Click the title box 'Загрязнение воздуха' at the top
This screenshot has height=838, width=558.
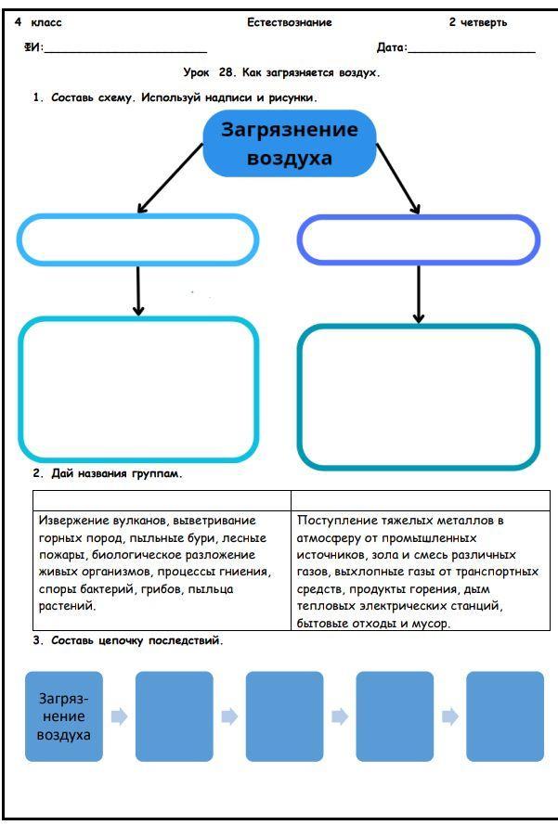tap(289, 144)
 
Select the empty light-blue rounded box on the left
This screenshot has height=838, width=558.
tap(137, 240)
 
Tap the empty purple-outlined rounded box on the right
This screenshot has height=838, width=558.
tap(418, 240)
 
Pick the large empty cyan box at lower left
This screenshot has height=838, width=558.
tap(137, 389)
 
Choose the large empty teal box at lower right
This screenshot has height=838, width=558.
tap(418, 396)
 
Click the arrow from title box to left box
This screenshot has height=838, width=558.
tap(170, 178)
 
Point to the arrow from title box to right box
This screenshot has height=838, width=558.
tap(399, 178)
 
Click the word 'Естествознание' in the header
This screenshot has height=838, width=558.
tap(290, 22)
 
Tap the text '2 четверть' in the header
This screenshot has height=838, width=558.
tap(477, 22)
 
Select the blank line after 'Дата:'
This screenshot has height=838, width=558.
tap(472, 48)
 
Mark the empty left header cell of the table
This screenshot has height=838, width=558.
tap(162, 500)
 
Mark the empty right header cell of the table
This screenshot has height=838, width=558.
tap(420, 500)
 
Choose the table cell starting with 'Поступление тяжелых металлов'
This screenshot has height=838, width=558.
tap(420, 571)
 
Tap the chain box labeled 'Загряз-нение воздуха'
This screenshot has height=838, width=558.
tap(64, 716)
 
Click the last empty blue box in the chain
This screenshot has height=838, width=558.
tap(504, 716)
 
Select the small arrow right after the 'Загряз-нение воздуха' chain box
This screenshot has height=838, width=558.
tap(119, 716)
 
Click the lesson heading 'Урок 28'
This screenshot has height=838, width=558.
tap(282, 72)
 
